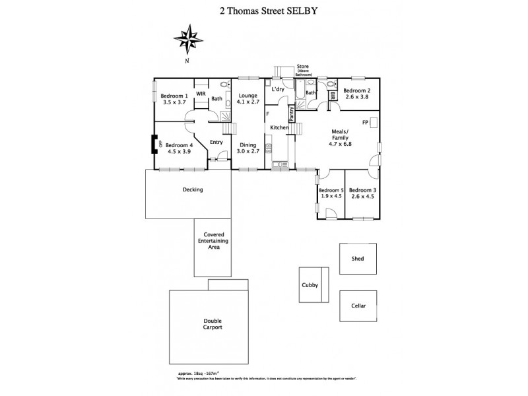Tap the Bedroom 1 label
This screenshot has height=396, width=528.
click(x=176, y=96)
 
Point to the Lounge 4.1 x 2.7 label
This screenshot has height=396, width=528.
click(x=248, y=100)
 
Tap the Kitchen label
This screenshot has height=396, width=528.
click(x=279, y=127)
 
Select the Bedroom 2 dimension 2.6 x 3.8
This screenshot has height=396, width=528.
click(x=356, y=96)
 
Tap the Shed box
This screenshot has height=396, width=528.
click(x=358, y=259)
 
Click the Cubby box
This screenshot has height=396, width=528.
click(x=310, y=285)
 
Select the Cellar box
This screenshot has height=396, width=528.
click(x=358, y=306)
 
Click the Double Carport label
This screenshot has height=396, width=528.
click(x=213, y=324)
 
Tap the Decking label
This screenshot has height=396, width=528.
click(x=192, y=189)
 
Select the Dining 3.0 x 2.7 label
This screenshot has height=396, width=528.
click(x=248, y=148)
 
